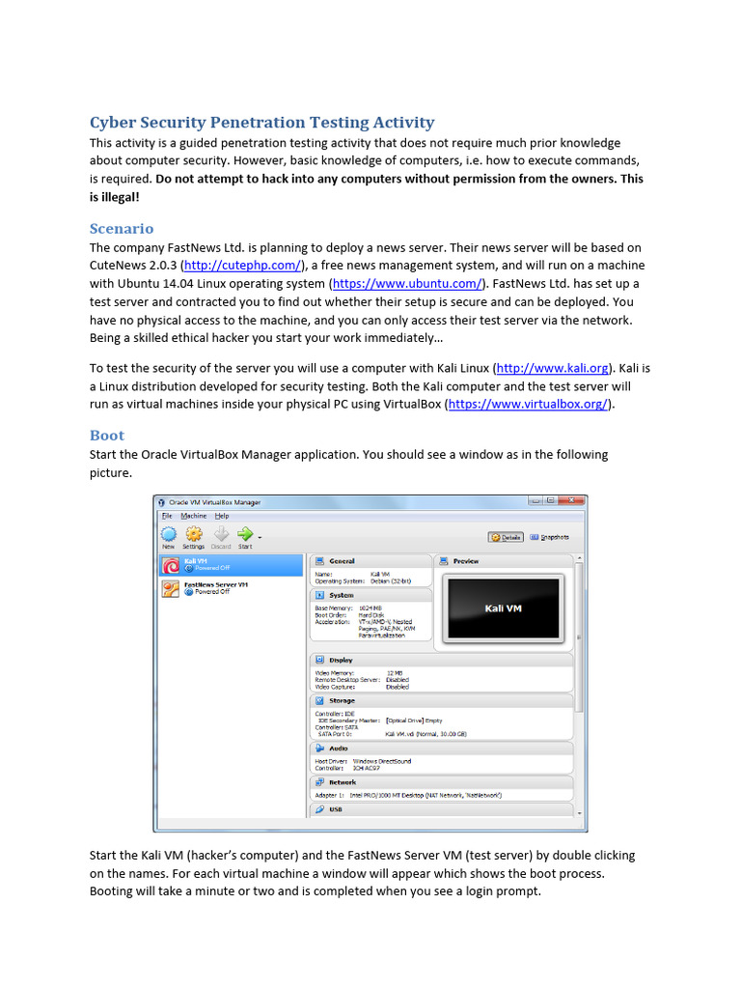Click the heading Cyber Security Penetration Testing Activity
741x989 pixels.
click(x=261, y=123)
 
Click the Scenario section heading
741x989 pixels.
click(x=122, y=229)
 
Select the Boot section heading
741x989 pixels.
click(x=107, y=436)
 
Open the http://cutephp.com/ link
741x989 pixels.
click(x=244, y=266)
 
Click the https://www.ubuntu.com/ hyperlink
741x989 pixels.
click(x=407, y=284)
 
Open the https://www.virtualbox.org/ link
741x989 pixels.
click(x=529, y=405)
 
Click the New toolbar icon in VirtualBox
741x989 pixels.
click(x=169, y=536)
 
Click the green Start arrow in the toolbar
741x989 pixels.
click(x=245, y=536)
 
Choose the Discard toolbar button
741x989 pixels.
click(x=221, y=536)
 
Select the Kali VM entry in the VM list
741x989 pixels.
click(x=232, y=564)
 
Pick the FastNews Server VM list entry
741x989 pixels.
click(x=232, y=588)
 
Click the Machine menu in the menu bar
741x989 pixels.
click(x=193, y=517)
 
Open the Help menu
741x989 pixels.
click(x=222, y=517)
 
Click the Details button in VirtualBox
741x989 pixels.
click(x=507, y=537)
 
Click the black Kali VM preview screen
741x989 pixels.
click(x=502, y=609)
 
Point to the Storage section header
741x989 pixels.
click(x=341, y=700)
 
